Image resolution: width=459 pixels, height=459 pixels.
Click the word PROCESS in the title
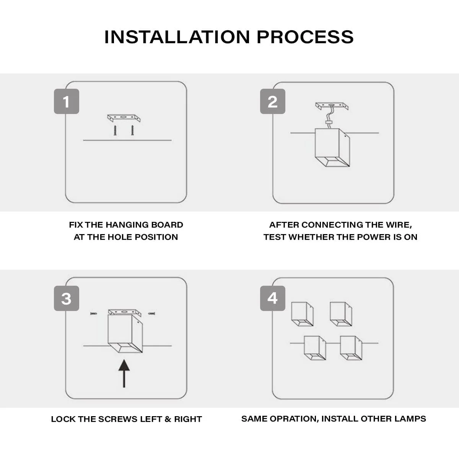coord(305,37)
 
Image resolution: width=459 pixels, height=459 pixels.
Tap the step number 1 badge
coord(67,101)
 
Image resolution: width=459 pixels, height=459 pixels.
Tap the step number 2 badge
coord(272,101)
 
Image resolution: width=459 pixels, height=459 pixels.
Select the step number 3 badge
coord(67,298)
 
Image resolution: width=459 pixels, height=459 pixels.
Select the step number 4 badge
coord(272,298)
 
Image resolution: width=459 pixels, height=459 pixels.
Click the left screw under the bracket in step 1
coord(115,131)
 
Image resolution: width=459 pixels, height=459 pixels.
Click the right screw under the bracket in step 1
coord(132,131)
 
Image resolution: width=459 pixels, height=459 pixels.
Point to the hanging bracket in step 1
coord(124,118)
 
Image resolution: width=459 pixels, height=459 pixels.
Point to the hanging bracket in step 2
coord(332,106)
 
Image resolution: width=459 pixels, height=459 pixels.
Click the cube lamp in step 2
coord(332,147)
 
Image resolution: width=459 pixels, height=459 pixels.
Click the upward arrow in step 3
coord(124,373)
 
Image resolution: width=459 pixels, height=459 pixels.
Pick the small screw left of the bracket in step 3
coord(94,314)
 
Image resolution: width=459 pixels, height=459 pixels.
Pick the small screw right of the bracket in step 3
coord(151,314)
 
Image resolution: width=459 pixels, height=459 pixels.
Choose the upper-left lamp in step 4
coord(303,314)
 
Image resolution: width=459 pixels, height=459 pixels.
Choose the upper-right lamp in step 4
coord(341,314)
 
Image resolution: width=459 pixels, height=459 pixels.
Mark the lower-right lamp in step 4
coord(351,348)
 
